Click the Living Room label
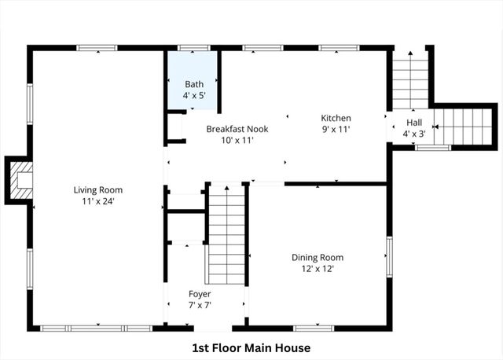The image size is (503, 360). (x=98, y=189)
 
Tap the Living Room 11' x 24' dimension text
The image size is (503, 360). (x=98, y=201)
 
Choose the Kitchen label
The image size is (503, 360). (x=336, y=118)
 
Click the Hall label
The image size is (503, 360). (x=414, y=123)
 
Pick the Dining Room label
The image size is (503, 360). (x=318, y=257)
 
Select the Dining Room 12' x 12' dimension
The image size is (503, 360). (x=318, y=269)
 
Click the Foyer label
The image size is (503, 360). (x=199, y=294)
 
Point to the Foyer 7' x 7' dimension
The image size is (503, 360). (x=199, y=305)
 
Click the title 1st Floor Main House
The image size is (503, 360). (x=251, y=347)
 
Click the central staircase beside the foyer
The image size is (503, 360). (x=226, y=234)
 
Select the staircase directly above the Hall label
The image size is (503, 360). (x=409, y=79)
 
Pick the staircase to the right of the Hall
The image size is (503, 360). (x=464, y=127)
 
